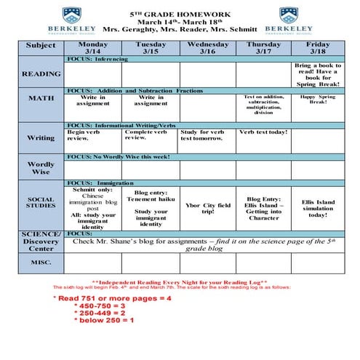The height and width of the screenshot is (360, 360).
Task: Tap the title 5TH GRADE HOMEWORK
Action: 180,14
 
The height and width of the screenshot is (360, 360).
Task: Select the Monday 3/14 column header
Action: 92,47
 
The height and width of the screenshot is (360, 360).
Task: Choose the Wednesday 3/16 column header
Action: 207,47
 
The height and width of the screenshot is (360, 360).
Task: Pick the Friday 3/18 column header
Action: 317,47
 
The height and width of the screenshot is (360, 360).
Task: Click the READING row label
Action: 41,73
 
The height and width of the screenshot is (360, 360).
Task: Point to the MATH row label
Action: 41,98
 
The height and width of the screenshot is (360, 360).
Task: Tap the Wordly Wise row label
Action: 41,168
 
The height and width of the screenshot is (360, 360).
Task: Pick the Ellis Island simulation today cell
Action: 317,209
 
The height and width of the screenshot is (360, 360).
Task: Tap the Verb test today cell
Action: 263,132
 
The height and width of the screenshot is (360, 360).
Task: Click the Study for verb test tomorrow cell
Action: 207,135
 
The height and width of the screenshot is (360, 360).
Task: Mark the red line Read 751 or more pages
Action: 113,298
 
